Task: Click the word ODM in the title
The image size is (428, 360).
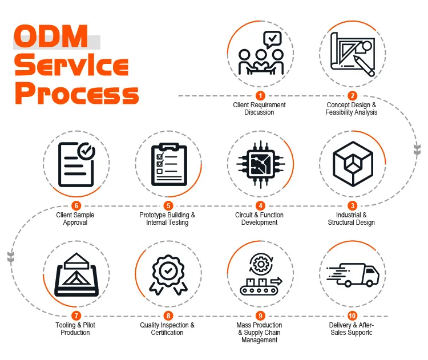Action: [x=51, y=37]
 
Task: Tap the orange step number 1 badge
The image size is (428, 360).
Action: [x=260, y=96]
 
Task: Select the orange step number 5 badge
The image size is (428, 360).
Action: [x=168, y=206]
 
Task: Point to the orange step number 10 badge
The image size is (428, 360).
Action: [x=352, y=316]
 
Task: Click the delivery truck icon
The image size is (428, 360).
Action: [x=353, y=274]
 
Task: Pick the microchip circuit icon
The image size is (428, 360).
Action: [x=261, y=164]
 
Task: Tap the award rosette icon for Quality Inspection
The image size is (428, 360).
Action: [x=168, y=274]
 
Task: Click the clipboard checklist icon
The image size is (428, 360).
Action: [x=169, y=164]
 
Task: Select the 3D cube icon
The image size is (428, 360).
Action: [x=353, y=164]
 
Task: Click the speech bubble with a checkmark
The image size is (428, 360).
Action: [x=272, y=39]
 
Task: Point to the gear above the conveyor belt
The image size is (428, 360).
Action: [x=261, y=264]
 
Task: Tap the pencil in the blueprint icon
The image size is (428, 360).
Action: [x=364, y=66]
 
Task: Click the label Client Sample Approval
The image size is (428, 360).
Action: [x=75, y=219]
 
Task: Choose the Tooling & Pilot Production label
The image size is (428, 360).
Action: [x=75, y=329]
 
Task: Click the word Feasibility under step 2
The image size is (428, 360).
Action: [x=338, y=112]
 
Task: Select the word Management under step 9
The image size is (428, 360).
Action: [x=259, y=340]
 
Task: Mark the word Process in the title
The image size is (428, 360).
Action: [x=76, y=94]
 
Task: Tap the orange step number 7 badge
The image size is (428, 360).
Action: [x=76, y=316]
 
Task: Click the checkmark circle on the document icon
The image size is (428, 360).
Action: [x=86, y=151]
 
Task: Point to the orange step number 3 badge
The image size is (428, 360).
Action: [x=353, y=206]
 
